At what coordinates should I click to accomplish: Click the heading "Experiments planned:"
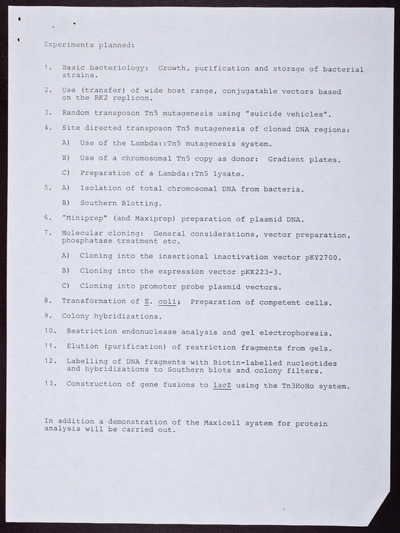[89, 45]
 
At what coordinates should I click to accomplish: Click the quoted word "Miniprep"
[84, 217]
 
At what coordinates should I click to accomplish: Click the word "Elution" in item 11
[83, 347]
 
